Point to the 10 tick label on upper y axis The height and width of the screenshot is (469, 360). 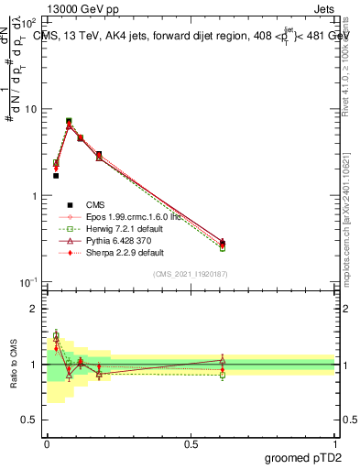[x=30, y=110]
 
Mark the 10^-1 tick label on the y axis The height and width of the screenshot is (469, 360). [x=28, y=283]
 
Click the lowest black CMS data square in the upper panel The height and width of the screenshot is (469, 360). [x=56, y=175]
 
